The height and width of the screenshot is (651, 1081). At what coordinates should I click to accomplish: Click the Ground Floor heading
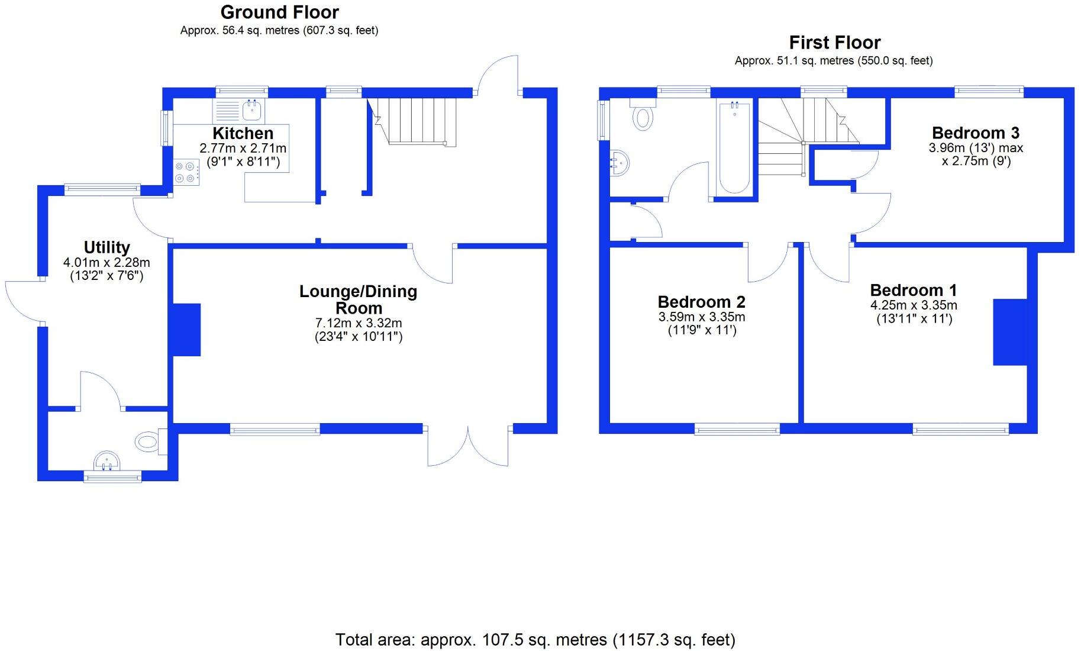279,12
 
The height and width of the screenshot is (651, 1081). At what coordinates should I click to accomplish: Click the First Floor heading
834,43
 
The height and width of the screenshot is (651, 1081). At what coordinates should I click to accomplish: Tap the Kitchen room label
243,133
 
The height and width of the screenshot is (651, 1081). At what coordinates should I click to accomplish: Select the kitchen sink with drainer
239,111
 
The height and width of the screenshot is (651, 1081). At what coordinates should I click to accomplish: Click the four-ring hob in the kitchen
186,173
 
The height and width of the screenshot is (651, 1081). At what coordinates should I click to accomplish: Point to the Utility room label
107,247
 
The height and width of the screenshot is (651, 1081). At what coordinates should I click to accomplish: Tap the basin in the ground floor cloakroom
107,460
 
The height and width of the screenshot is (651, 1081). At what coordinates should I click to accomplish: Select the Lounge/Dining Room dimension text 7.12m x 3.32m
358,323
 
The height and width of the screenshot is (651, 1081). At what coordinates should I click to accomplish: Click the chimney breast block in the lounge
186,330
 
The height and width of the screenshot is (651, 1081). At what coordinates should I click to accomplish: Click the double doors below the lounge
467,447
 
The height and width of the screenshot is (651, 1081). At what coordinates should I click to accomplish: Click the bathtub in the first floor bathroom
734,148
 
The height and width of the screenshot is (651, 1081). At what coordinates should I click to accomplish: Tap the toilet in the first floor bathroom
643,115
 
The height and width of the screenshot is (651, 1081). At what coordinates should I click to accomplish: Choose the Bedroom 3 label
976,133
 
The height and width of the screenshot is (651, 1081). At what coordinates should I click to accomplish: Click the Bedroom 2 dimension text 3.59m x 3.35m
701,317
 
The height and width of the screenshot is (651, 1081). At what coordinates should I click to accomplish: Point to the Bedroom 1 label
913,291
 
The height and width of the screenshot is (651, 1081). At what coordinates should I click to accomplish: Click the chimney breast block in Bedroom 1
1009,332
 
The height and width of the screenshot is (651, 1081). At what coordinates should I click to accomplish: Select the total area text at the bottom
535,640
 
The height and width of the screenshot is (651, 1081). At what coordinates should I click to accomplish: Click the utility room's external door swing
22,301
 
